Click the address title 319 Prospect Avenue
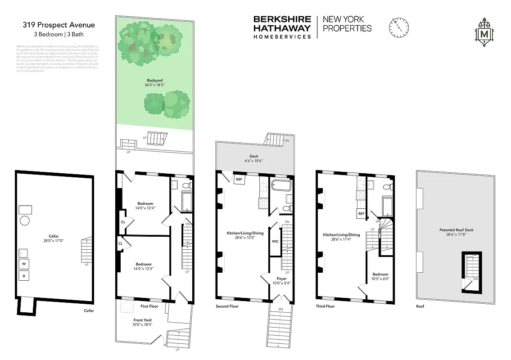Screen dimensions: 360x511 tap(59, 25)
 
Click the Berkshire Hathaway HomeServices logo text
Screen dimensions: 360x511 tap(282, 27)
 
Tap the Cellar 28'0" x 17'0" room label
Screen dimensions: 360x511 tap(54, 238)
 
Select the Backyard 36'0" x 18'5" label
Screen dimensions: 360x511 tap(154, 82)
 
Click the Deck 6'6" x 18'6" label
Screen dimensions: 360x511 tap(254, 157)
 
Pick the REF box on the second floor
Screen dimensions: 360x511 tap(239, 179)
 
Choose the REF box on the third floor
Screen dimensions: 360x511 tap(361, 214)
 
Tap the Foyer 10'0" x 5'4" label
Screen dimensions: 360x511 tap(281, 281)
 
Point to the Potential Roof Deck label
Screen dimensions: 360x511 tap(457, 232)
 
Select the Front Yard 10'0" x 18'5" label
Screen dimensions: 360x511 tap(143, 322)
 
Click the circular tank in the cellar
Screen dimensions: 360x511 tap(25, 221)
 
